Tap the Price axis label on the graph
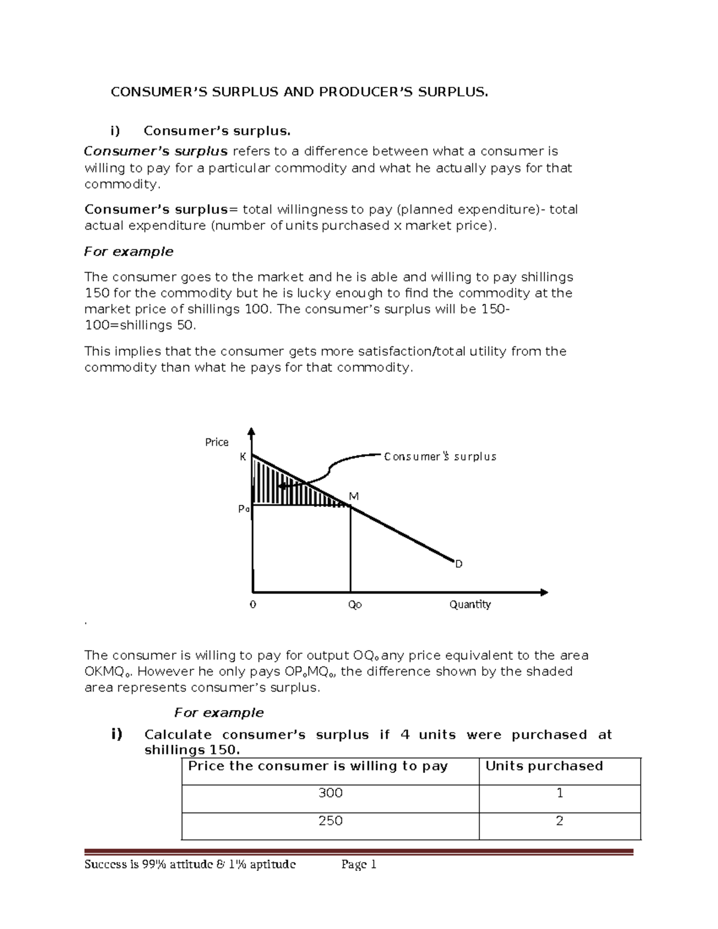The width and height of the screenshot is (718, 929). click(217, 442)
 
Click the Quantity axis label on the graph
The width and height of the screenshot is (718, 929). click(470, 604)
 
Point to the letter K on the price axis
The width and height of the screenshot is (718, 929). click(243, 457)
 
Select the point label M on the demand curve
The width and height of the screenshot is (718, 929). click(354, 497)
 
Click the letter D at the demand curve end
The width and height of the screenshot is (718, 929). click(459, 564)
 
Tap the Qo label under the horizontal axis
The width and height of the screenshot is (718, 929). click(355, 605)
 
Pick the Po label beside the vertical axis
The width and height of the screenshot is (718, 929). click(243, 509)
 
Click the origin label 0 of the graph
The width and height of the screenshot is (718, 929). click(252, 605)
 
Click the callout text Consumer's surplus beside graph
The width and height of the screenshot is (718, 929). click(440, 457)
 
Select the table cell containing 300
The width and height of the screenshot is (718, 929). click(330, 793)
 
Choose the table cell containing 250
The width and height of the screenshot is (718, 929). click(330, 821)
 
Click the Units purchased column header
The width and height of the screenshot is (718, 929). click(544, 766)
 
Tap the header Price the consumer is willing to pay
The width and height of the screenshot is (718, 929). click(318, 766)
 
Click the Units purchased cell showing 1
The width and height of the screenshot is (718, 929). click(559, 793)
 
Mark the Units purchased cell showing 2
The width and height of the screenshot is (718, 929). click(559, 821)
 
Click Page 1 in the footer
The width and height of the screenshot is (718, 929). click(358, 864)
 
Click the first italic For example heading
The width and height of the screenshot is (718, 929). click(129, 252)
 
